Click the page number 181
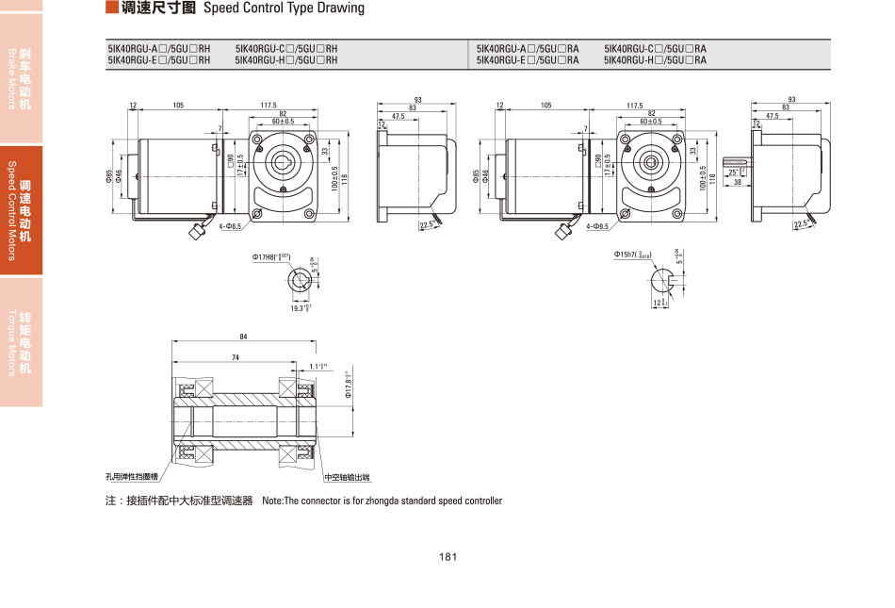tap(447, 557)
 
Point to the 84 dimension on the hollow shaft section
tap(244, 337)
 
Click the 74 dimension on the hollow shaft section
tap(235, 357)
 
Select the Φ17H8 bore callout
tap(270, 256)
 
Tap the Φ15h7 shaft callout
tap(631, 254)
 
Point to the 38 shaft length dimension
tap(738, 182)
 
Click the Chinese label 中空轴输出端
tap(347, 478)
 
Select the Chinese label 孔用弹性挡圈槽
tap(131, 478)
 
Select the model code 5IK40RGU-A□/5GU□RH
tap(159, 48)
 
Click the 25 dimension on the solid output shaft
tap(736, 172)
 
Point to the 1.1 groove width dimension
tap(317, 366)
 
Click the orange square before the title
tap(111, 8)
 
